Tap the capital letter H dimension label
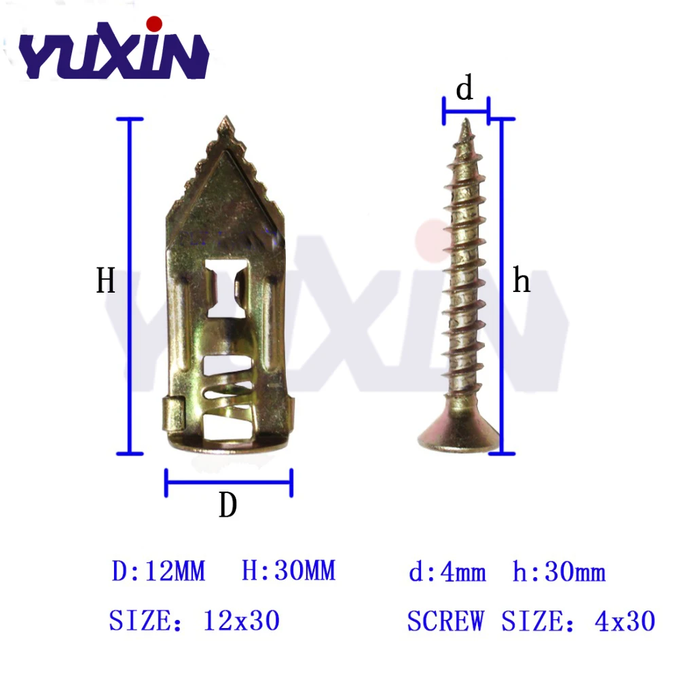106,280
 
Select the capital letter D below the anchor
228,505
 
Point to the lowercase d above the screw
464,88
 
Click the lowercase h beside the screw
521,280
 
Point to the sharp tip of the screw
466,120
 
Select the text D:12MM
158,571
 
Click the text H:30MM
289,570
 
